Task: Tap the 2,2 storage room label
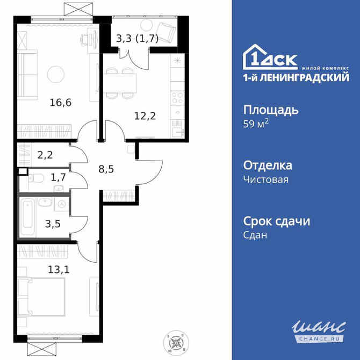45,155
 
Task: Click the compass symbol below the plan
175,340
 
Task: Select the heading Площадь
271,110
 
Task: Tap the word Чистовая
266,179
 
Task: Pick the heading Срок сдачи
277,221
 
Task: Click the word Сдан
255,235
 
